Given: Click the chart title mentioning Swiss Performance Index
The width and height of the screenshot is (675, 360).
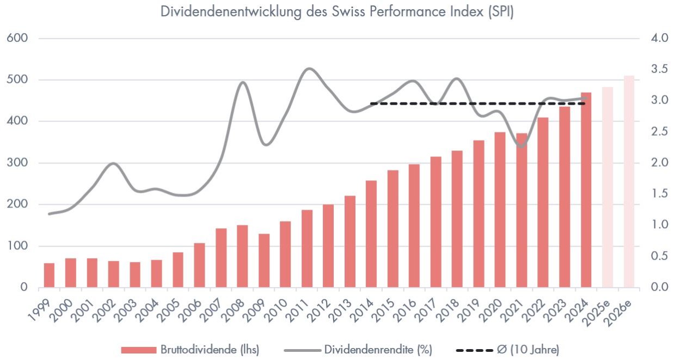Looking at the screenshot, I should pyautogui.click(x=337, y=12).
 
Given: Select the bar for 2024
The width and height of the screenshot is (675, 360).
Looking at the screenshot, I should pyautogui.click(x=586, y=190).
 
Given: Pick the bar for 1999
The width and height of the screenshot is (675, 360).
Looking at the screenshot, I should pyautogui.click(x=49, y=275).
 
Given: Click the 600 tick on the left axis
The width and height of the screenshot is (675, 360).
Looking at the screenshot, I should pyautogui.click(x=17, y=38).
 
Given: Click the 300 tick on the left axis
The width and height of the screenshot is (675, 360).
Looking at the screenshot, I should pyautogui.click(x=17, y=163).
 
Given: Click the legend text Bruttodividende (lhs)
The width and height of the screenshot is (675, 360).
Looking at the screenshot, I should pyautogui.click(x=210, y=349).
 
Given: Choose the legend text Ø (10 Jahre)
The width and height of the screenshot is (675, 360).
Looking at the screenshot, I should pyautogui.click(x=528, y=349).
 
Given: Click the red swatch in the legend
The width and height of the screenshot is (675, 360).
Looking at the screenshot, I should pyautogui.click(x=138, y=349).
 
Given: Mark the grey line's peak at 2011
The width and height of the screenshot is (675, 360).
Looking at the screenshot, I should pyautogui.click(x=309, y=69).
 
